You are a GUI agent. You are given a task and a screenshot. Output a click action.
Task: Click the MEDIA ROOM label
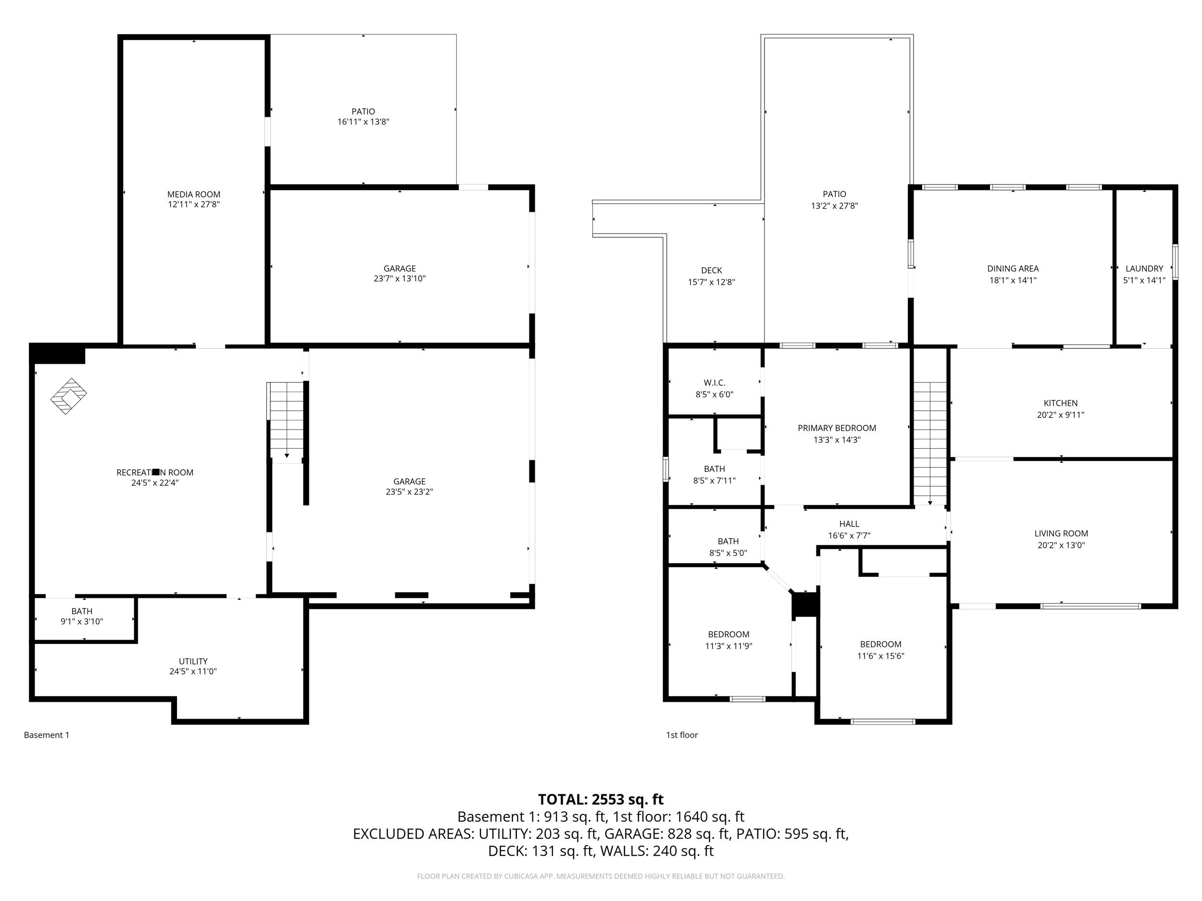(193, 194)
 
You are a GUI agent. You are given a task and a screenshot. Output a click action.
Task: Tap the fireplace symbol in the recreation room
(68, 396)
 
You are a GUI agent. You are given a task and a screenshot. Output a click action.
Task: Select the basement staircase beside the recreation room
(286, 421)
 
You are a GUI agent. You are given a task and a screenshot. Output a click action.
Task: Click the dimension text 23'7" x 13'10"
(400, 279)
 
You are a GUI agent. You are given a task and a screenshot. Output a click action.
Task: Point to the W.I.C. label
(714, 383)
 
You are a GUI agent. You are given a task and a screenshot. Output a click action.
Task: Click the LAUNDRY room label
(1144, 268)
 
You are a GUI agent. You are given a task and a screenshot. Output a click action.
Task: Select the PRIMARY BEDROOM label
(836, 428)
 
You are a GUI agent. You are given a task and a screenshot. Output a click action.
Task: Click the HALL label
(849, 524)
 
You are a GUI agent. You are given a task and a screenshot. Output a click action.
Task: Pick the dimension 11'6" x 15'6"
(880, 655)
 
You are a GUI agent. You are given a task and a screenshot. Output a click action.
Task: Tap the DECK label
(711, 271)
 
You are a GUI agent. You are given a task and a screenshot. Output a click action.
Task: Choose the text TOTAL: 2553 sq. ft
(601, 800)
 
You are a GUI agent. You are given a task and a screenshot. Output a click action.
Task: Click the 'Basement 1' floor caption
(47, 735)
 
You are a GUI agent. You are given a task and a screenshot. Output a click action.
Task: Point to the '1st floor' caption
(681, 735)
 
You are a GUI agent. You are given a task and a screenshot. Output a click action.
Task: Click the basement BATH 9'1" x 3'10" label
(82, 611)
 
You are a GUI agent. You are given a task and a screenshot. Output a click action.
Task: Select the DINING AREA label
(1013, 268)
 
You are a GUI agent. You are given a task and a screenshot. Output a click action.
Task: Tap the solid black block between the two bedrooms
(805, 605)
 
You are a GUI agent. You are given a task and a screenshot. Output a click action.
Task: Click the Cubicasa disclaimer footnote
(601, 876)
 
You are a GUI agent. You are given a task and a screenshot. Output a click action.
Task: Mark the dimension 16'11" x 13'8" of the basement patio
(363, 122)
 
